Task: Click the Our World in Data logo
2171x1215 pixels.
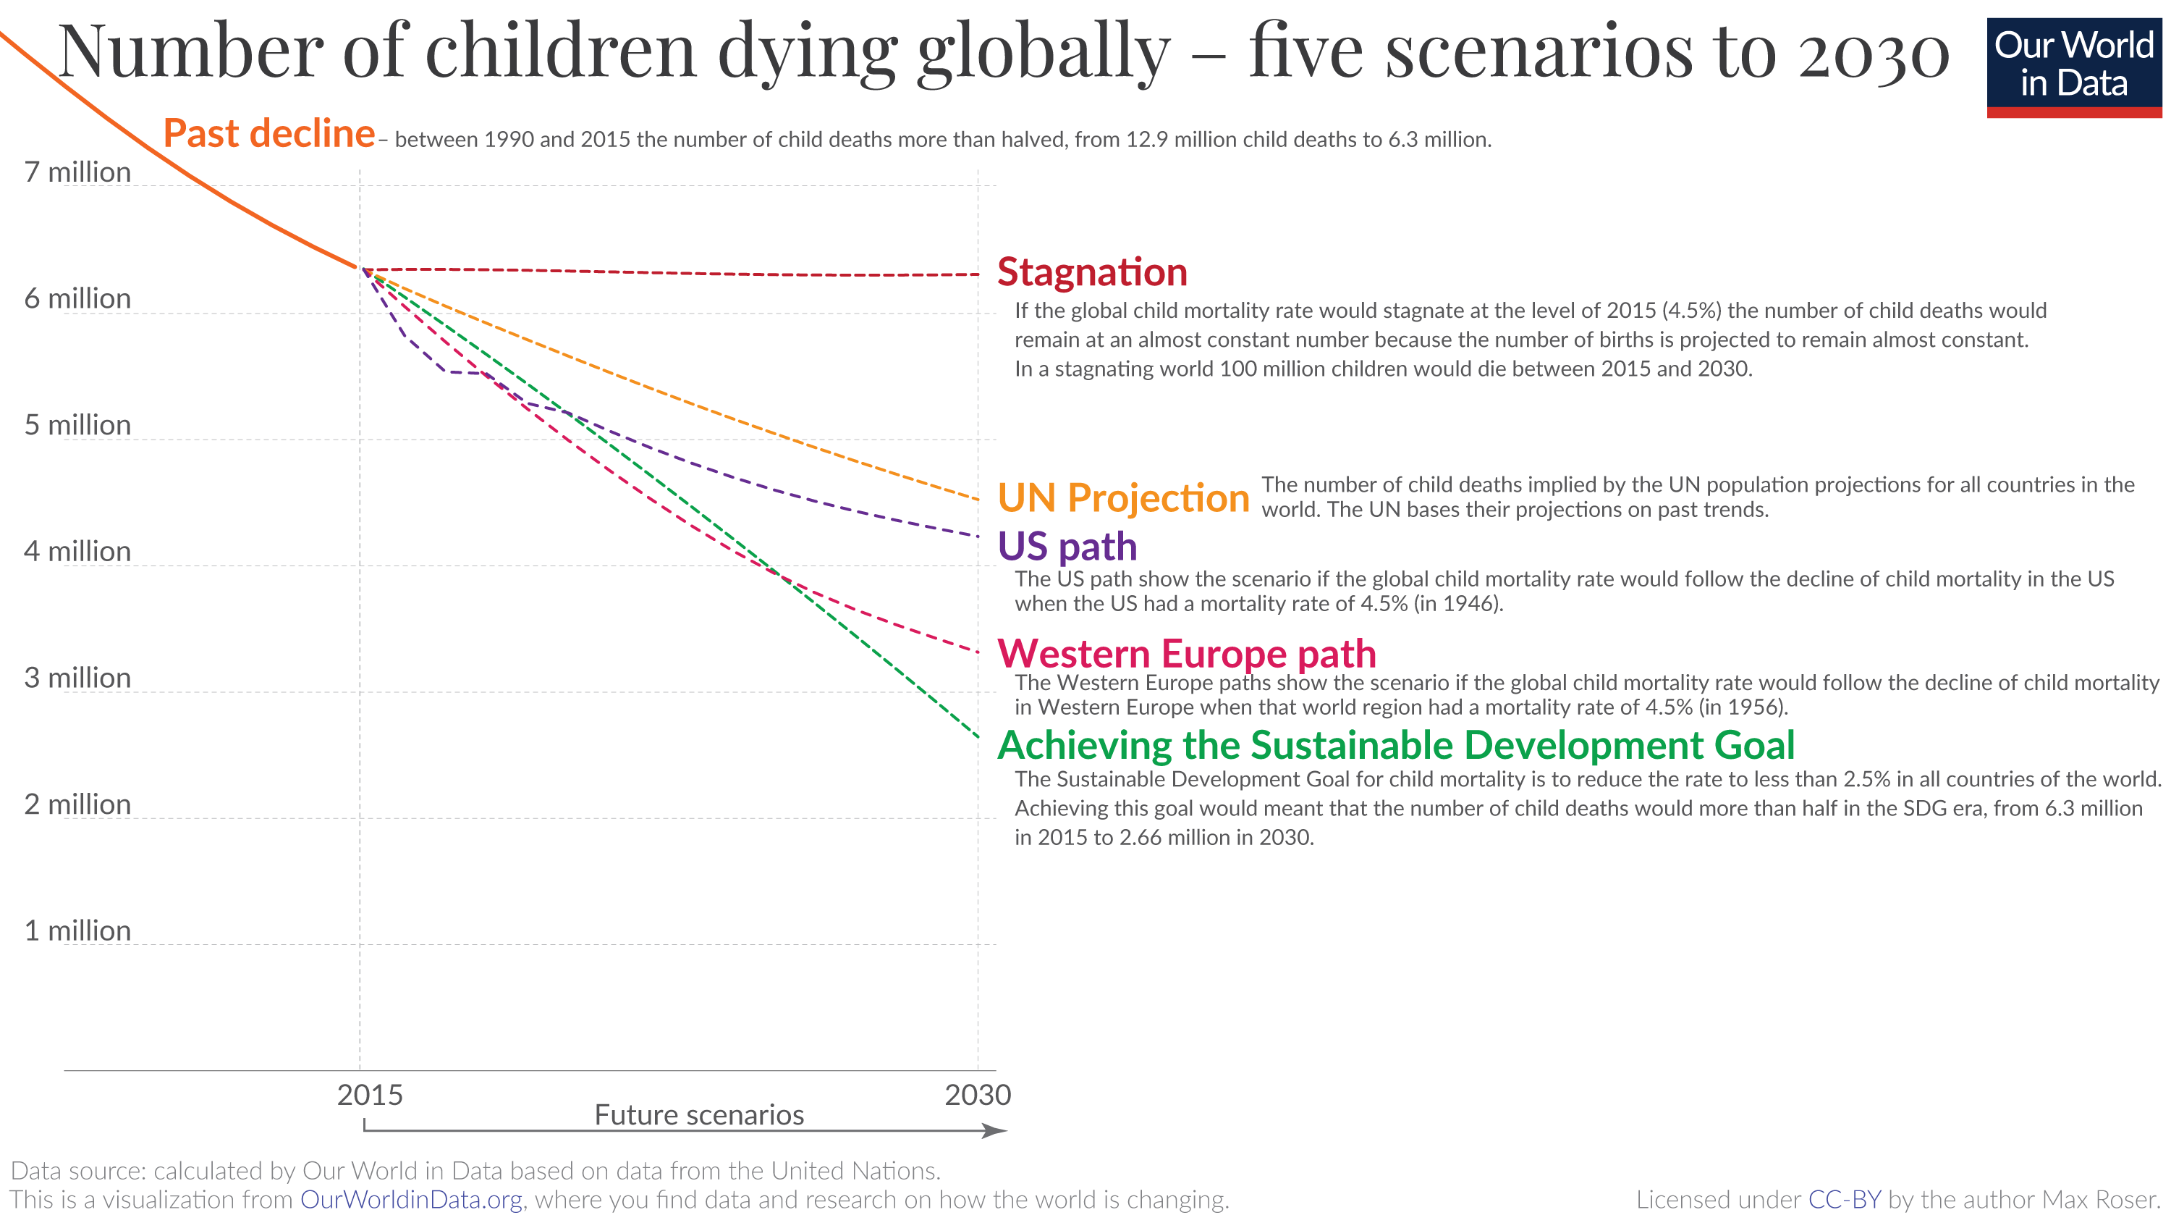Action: coord(2073,67)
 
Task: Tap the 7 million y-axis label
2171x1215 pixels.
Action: coord(77,172)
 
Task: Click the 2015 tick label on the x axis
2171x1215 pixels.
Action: coord(369,1094)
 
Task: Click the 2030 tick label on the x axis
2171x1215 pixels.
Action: coord(978,1094)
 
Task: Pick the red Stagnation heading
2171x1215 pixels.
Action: coord(1092,272)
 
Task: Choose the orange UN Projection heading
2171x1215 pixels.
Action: coord(1122,497)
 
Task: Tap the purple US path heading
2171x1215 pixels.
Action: coord(1067,547)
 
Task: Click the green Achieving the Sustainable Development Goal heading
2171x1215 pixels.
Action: coord(1396,745)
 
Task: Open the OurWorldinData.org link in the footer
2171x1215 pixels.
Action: coord(410,1199)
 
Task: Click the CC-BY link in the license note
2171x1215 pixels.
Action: coord(1844,1199)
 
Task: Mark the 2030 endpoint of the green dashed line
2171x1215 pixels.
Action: coord(978,737)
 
